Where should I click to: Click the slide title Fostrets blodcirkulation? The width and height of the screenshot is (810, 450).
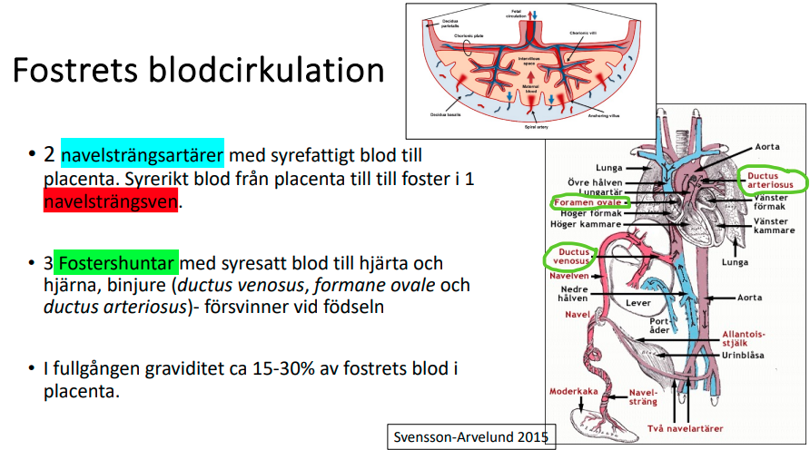pyautogui.click(x=198, y=71)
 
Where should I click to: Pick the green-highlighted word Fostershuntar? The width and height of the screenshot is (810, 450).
pyautogui.click(x=115, y=263)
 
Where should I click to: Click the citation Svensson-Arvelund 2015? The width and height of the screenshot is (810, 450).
pyautogui.click(x=470, y=436)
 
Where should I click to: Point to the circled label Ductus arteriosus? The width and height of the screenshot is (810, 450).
pyautogui.click(x=771, y=179)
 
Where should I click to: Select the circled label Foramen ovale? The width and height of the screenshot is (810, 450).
pyautogui.click(x=588, y=201)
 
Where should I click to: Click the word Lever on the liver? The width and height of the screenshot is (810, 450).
pyautogui.click(x=637, y=302)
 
